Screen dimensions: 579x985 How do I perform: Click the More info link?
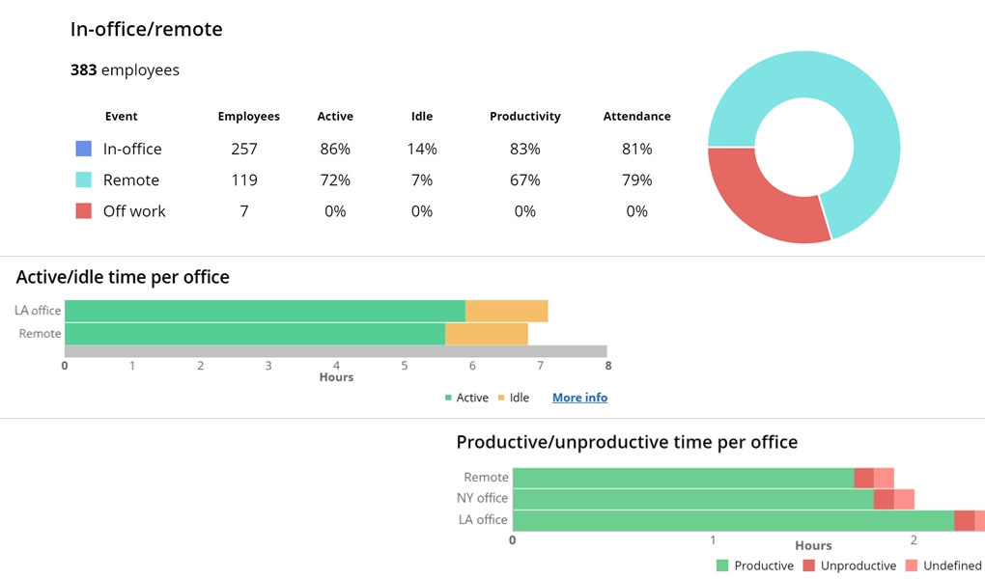[579, 398]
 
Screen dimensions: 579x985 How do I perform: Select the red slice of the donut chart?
[758, 198]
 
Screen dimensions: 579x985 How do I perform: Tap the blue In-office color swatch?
[83, 149]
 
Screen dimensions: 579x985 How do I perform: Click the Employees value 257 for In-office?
[244, 149]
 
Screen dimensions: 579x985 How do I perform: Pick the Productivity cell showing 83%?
[524, 149]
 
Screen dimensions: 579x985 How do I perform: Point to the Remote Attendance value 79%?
[636, 179]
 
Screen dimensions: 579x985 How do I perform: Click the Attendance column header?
[636, 116]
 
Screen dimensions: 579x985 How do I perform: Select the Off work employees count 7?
[244, 210]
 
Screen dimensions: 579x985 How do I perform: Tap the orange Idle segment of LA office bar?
[506, 311]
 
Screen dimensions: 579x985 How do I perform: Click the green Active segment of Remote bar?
[255, 334]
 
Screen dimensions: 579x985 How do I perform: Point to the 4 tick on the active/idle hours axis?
[336, 366]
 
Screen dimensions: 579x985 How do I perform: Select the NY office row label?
[482, 498]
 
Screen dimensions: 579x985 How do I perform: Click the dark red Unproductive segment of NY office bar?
[883, 498]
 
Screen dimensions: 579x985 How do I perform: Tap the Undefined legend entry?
[943, 565]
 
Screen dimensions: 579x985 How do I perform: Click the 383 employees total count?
[125, 69]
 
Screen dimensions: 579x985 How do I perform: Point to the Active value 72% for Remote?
[335, 179]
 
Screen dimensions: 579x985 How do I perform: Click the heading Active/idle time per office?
[123, 278]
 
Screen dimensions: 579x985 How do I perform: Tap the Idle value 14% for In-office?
[422, 149]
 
